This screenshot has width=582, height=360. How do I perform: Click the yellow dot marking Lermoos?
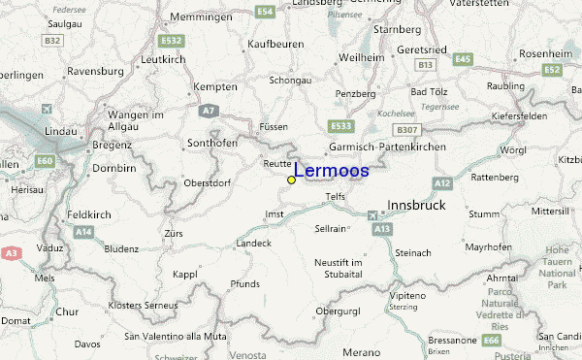click(291, 180)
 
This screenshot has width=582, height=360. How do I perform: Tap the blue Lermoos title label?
click(331, 171)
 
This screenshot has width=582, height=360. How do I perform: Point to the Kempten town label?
click(216, 87)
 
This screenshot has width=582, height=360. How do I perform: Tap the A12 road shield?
click(443, 183)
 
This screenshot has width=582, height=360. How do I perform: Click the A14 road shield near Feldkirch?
click(84, 232)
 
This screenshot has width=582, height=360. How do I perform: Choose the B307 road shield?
click(405, 129)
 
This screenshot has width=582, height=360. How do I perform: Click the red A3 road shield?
click(11, 252)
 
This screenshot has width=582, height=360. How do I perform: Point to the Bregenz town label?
click(112, 145)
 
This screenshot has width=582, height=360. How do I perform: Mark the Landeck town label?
click(253, 243)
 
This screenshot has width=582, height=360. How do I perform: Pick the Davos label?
click(87, 344)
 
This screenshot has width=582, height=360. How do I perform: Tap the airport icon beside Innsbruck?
click(375, 214)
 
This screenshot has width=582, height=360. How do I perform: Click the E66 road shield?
click(493, 341)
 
